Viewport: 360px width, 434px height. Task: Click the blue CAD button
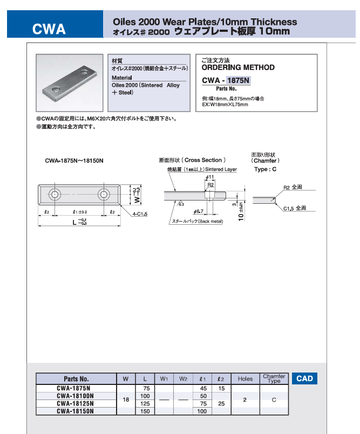[x=304, y=378]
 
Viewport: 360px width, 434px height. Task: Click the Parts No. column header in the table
[x=76, y=378]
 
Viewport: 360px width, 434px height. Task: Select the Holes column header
[x=245, y=378]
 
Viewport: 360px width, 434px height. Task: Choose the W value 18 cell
[x=126, y=399]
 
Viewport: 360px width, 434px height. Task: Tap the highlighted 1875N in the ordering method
[x=239, y=81]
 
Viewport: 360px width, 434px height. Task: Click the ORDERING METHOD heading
[x=237, y=68]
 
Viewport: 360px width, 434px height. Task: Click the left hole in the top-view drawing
[x=55, y=194]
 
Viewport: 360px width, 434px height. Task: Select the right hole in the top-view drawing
[x=103, y=194]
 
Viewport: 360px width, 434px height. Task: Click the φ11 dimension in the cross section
[x=211, y=177]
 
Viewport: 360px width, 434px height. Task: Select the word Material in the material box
[x=120, y=77]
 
